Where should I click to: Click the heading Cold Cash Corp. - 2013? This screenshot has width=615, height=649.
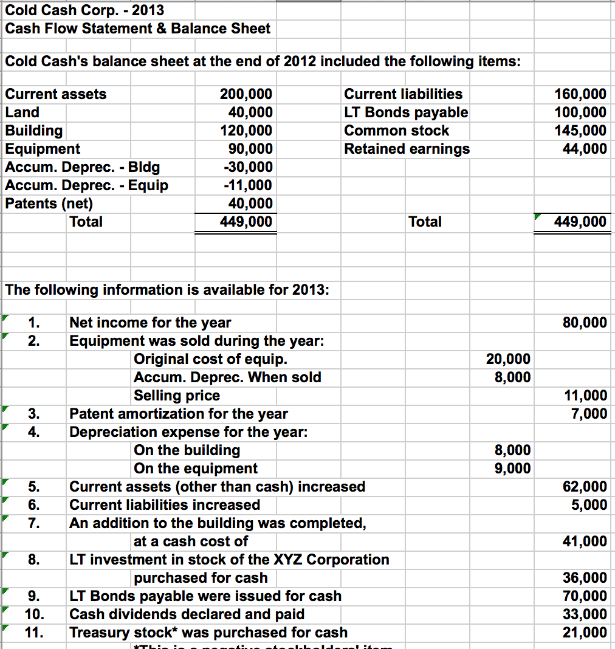84,10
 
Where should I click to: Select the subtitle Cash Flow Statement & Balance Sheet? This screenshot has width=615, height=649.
137,29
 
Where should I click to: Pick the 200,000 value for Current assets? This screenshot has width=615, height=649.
246,94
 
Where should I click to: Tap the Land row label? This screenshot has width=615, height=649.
22,112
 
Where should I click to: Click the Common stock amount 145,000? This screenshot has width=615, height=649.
581,131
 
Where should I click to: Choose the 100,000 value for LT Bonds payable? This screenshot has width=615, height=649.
581,112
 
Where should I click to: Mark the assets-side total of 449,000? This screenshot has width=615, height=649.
246,222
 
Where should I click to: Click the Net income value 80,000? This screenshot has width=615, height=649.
585,323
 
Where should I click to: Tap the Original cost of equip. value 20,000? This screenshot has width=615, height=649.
508,359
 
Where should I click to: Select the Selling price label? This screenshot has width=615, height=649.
177,396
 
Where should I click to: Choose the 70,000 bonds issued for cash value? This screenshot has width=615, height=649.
585,596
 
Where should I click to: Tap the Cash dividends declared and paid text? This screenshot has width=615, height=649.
187,614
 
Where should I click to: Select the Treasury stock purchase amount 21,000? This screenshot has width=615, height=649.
585,633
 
